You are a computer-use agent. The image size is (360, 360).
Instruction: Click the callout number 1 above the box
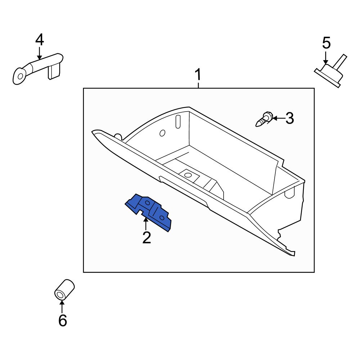(x=198, y=76)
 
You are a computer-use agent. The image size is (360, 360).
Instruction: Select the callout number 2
(x=146, y=238)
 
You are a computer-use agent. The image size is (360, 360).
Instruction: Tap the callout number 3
(x=289, y=118)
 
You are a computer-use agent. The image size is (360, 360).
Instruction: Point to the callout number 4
(x=39, y=40)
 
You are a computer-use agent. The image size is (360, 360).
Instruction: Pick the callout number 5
(x=326, y=43)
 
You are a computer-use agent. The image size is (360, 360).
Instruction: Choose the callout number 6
(x=63, y=320)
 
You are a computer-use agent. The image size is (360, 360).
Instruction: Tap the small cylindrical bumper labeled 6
(x=64, y=289)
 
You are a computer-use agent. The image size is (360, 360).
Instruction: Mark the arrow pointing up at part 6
(x=62, y=306)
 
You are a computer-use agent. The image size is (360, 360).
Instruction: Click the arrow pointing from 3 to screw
(x=278, y=118)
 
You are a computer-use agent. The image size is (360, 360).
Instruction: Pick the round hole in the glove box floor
(x=187, y=175)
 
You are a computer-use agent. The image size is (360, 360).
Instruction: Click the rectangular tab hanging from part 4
(x=54, y=71)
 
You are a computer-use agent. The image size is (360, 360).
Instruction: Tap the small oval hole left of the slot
(x=162, y=133)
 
